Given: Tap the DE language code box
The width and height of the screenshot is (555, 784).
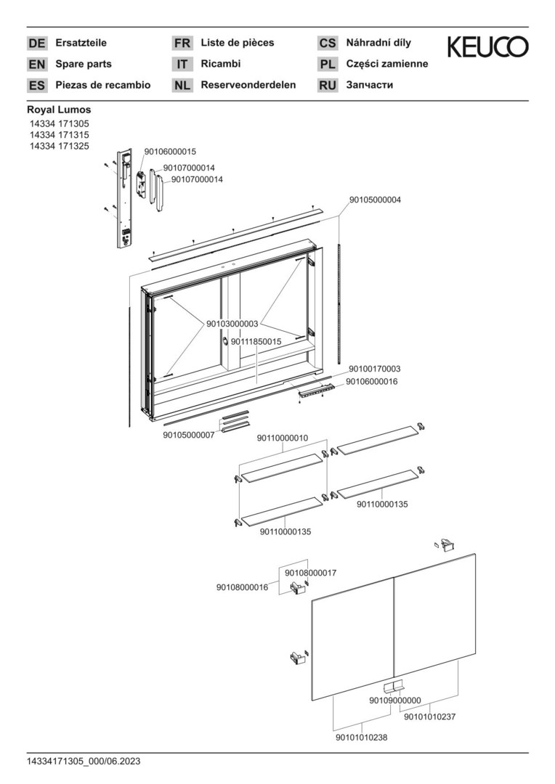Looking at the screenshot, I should [x=36, y=44].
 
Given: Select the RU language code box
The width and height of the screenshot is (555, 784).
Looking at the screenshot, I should [x=328, y=86].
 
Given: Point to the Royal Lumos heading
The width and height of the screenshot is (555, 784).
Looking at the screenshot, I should [x=59, y=110].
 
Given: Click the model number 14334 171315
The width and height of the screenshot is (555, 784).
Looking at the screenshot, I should [x=58, y=135].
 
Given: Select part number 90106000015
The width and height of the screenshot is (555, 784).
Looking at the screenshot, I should [x=170, y=152].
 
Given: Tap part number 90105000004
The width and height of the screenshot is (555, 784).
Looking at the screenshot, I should [x=375, y=200].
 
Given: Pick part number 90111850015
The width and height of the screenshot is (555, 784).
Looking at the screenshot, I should [x=256, y=341].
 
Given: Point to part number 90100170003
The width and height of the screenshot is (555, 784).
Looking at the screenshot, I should [x=374, y=369].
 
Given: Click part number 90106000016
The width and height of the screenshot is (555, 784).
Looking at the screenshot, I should [x=371, y=381].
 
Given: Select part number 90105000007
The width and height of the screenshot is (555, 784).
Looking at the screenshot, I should [x=188, y=436].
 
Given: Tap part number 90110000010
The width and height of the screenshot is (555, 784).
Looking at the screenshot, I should [x=283, y=438].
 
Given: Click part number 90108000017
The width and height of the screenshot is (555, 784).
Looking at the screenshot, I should [x=310, y=573].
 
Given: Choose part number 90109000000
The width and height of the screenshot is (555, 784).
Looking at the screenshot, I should [x=394, y=701].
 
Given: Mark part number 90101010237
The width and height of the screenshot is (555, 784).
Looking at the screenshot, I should [x=429, y=717].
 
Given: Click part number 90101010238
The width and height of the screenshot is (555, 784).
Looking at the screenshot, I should [x=361, y=738].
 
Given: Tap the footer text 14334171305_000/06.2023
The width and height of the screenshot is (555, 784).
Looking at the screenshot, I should [x=84, y=761].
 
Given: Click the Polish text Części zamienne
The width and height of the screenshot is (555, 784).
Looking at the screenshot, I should [x=387, y=64].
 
